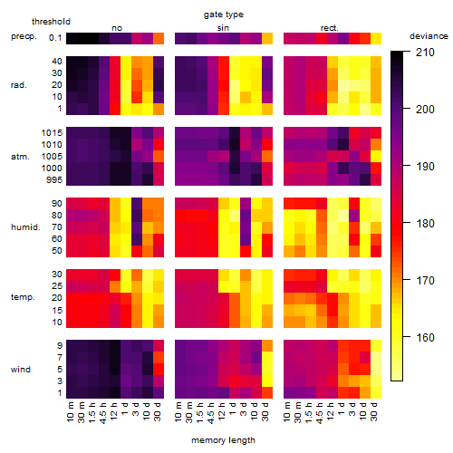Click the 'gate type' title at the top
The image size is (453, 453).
(224, 14)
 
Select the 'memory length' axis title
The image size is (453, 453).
(223, 440)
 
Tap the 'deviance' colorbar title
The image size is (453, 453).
(429, 36)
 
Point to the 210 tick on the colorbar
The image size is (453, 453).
(425, 53)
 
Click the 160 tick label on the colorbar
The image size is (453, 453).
(425, 338)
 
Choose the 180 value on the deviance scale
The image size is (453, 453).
(425, 224)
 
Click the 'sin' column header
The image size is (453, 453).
(223, 28)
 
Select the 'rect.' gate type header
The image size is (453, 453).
(329, 28)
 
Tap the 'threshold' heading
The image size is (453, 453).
(51, 22)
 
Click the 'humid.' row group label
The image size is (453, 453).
(25, 227)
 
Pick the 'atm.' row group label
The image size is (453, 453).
(20, 157)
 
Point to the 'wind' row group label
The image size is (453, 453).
(21, 370)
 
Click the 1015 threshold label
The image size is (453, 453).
(52, 133)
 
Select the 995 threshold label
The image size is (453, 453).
(54, 180)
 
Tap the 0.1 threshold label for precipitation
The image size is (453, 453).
(55, 38)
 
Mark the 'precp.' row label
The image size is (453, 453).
(24, 36)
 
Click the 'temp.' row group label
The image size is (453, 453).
(23, 297)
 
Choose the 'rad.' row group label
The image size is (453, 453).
(19, 85)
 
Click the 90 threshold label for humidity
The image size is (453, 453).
(57, 204)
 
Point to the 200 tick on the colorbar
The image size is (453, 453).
(425, 110)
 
